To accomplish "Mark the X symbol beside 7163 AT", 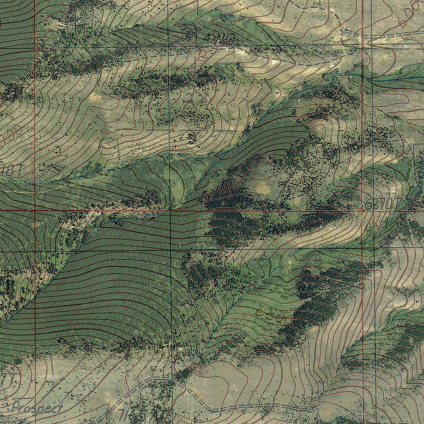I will point(109,412).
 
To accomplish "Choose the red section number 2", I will point(202,55).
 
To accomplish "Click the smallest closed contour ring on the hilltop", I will point(272,161).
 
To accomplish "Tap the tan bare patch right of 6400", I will point(263,188).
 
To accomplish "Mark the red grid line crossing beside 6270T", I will point(362,211).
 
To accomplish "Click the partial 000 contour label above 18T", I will point(10,136).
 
